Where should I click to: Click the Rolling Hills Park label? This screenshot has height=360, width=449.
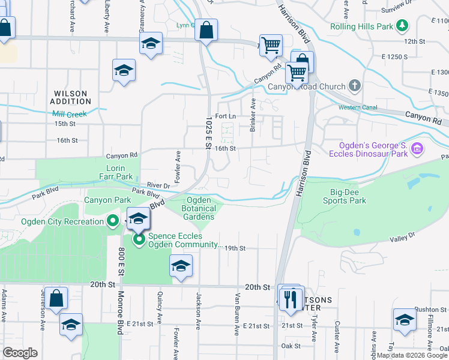[x=361, y=27]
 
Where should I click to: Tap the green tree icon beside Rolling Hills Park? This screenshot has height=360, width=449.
[x=402, y=27]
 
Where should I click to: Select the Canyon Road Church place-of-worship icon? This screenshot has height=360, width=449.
[x=355, y=85]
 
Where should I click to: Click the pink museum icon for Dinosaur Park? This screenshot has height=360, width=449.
[x=418, y=148]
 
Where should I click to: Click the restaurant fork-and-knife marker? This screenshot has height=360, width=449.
[x=292, y=298]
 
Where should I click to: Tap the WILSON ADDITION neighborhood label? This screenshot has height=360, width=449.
[x=79, y=98]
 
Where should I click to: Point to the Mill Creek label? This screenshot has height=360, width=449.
[x=70, y=114]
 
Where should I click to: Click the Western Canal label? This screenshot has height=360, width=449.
[x=358, y=108]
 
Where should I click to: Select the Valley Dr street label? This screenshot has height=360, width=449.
[x=403, y=237]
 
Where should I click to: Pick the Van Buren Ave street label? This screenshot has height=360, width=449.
[x=238, y=310]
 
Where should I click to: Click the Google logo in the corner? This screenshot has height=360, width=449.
[x=20, y=353]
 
